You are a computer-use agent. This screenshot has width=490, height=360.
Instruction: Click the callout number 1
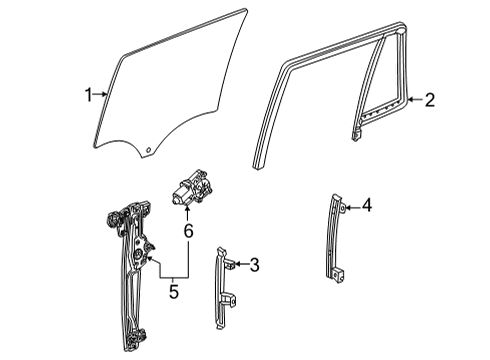pyautogui.click(x=88, y=96)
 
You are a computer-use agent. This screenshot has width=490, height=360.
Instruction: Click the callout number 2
pyautogui.click(x=429, y=99)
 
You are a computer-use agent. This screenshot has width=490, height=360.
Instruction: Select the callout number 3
pyautogui.click(x=254, y=265)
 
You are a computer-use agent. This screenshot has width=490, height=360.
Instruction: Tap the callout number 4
pyautogui.click(x=367, y=207)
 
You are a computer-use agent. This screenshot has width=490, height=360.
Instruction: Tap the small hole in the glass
pyautogui.click(x=149, y=152)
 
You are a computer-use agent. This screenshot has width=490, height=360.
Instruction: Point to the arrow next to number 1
pyautogui.click(x=101, y=96)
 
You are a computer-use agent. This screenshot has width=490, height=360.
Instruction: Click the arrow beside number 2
pyautogui.click(x=414, y=99)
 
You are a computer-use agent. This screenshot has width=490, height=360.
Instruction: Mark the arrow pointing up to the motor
pyautogui.click(x=185, y=211)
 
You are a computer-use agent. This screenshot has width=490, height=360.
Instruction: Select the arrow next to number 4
pyautogui.click(x=351, y=207)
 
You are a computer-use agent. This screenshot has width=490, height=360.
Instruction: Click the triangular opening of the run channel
pyautogui.click(x=385, y=85)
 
